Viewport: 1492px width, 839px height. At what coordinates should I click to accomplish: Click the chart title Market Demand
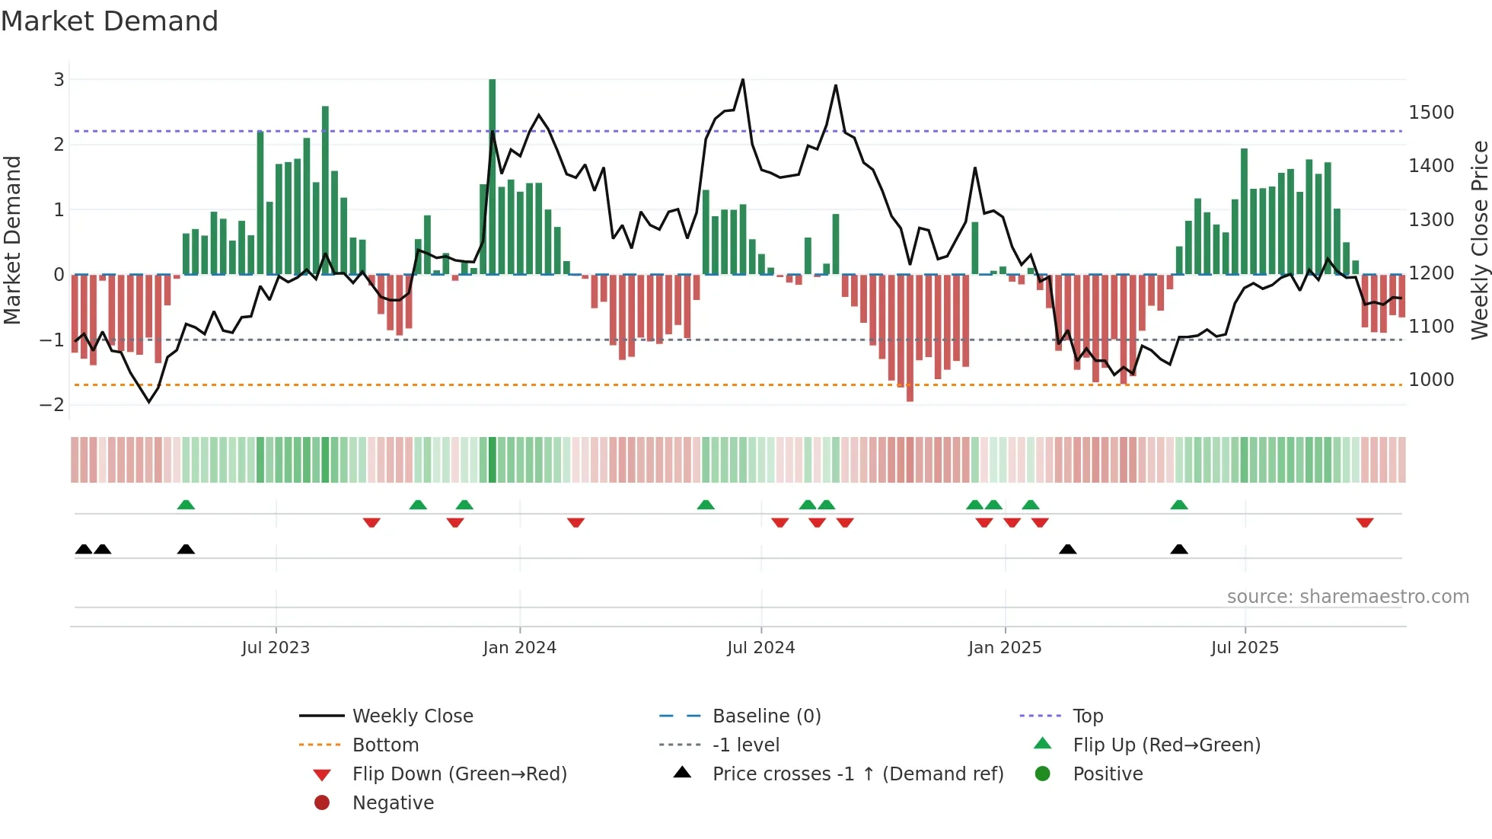(x=110, y=21)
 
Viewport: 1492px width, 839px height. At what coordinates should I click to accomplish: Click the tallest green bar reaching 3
(x=492, y=175)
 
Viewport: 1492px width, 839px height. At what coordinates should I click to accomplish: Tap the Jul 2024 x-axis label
(x=760, y=648)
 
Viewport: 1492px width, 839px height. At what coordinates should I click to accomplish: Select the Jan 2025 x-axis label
(x=1004, y=648)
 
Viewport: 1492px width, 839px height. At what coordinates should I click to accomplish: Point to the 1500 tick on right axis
(x=1431, y=113)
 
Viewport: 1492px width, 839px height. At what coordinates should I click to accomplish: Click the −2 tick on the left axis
(x=52, y=405)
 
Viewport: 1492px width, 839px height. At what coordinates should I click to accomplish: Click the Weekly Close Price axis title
(x=1479, y=240)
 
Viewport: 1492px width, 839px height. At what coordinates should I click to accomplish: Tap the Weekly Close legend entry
(x=412, y=716)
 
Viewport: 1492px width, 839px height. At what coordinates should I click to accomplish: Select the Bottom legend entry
(x=385, y=745)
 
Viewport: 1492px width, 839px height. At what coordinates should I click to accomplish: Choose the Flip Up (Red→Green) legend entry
(x=1165, y=745)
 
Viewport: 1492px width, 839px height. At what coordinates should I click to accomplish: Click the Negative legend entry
(x=393, y=803)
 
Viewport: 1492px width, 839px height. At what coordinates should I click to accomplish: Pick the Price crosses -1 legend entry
(x=857, y=774)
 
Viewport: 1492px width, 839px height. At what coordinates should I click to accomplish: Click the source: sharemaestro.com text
(x=1347, y=597)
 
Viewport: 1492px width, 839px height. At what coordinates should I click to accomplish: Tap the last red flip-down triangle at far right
(x=1364, y=523)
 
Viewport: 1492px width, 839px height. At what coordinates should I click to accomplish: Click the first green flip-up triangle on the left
(x=186, y=505)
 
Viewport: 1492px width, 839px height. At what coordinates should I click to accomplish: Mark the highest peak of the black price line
(x=743, y=79)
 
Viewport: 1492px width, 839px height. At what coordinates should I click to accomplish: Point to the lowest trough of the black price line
(x=149, y=402)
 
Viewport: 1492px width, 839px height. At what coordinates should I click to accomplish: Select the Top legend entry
(x=1087, y=716)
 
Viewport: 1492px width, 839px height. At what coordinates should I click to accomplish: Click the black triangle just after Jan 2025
(x=1067, y=550)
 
